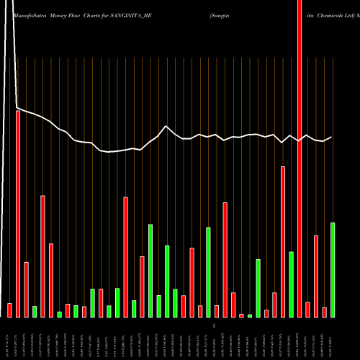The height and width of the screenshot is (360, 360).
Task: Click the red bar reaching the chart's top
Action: tap(300, 158)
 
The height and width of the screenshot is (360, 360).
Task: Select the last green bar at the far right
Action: tap(333, 270)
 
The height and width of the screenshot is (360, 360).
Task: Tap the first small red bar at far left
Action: tap(9, 310)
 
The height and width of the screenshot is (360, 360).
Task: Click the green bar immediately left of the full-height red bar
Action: tap(291, 284)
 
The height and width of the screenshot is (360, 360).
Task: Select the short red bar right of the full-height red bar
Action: tap(307, 310)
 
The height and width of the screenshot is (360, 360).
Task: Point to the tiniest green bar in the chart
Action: tap(250, 315)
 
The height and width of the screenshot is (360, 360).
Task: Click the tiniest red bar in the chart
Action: tap(241, 315)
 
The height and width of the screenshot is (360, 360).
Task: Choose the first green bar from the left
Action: tap(35, 311)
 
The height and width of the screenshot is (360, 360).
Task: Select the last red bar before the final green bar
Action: tap(324, 312)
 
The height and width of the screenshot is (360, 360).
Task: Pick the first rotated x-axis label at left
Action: tap(10, 338)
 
